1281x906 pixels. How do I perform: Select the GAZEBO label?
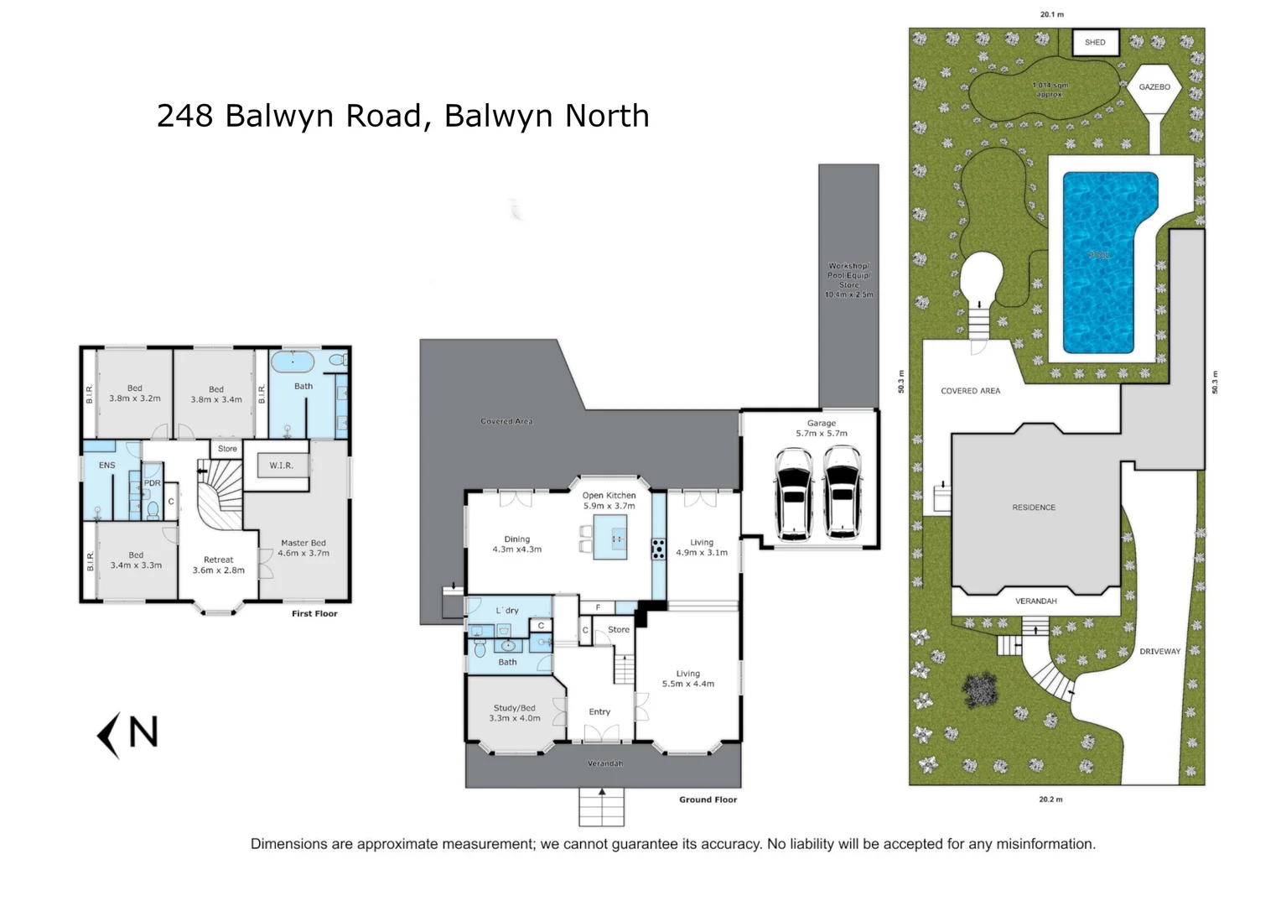point(1154,87)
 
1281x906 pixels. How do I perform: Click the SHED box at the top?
point(1095,42)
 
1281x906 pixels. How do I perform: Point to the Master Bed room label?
point(303,548)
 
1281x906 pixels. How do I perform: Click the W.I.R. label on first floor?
point(281,466)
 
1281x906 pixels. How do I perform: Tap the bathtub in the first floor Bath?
point(293,363)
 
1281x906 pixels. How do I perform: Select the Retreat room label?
point(218,565)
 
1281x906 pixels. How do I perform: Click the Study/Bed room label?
point(514,713)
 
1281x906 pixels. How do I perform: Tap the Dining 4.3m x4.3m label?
point(516,544)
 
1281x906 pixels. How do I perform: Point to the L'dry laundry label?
point(507,611)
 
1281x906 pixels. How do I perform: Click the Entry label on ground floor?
point(599,712)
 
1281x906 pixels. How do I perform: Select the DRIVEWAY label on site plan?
point(1159,652)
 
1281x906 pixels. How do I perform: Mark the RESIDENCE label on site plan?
point(1033,508)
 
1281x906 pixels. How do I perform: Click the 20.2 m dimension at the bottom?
point(1050,799)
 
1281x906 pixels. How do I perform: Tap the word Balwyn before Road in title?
point(261,116)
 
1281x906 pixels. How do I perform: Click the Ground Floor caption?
point(708,799)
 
